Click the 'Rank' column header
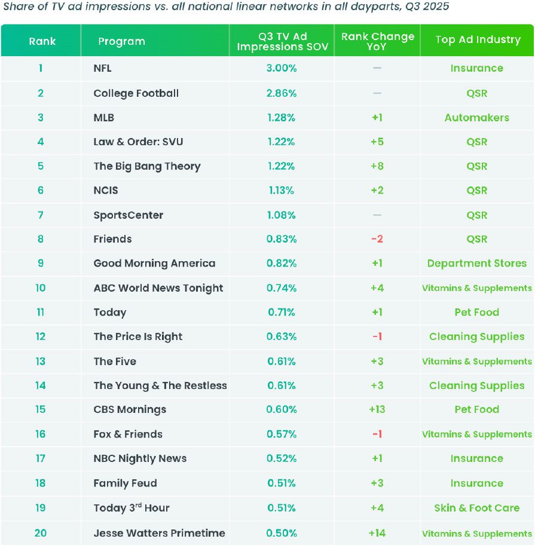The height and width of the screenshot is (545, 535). [42, 41]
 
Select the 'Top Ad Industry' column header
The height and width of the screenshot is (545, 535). [478, 39]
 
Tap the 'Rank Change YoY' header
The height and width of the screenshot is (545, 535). [377, 41]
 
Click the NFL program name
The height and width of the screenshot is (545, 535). [103, 68]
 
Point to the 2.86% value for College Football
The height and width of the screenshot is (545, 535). [282, 93]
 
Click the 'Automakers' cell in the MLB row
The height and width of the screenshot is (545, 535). [476, 118]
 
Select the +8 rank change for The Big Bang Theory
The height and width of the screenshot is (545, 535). [377, 166]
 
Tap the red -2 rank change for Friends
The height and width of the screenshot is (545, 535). [377, 239]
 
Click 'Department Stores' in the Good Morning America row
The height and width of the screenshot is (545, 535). [476, 264]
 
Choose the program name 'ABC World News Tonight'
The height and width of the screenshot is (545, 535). [158, 288]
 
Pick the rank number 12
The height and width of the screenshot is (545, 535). [40, 336]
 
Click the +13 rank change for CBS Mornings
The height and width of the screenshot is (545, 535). [377, 409]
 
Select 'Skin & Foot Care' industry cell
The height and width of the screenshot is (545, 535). [476, 508]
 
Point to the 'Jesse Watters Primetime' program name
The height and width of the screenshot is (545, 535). [159, 533]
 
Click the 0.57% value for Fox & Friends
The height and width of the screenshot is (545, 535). [282, 434]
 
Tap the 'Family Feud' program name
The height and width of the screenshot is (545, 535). [125, 483]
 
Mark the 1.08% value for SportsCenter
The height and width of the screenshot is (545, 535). [282, 215]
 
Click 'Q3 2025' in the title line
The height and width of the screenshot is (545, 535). [427, 7]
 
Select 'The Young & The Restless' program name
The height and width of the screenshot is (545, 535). [160, 385]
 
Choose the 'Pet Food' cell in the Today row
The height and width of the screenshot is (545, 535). [476, 312]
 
